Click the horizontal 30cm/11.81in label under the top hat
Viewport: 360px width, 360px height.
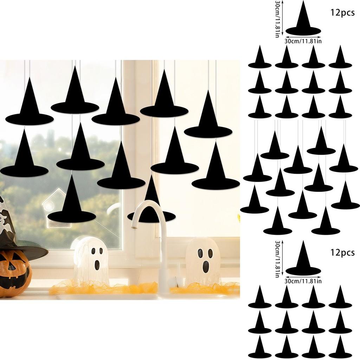click(303, 41)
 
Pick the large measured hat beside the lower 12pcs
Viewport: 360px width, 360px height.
click(303, 260)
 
